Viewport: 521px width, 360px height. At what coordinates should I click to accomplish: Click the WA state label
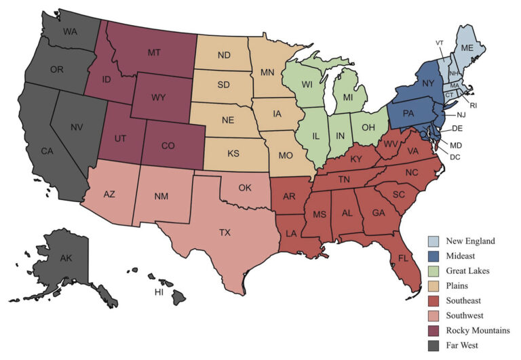(70, 32)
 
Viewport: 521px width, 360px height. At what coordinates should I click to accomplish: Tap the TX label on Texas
(225, 233)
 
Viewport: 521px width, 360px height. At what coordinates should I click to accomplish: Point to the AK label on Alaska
(65, 259)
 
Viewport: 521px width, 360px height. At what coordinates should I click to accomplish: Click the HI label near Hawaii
(159, 292)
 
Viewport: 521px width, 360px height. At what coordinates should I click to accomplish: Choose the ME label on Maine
(467, 48)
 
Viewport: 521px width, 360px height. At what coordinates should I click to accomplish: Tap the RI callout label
(474, 105)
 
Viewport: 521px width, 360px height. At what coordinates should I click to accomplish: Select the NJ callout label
(461, 115)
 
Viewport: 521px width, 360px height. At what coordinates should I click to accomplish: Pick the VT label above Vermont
(440, 43)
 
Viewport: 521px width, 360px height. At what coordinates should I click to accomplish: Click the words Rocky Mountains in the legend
(477, 331)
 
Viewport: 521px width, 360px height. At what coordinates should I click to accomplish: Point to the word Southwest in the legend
(467, 316)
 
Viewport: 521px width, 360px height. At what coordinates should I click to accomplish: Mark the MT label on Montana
(154, 52)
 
